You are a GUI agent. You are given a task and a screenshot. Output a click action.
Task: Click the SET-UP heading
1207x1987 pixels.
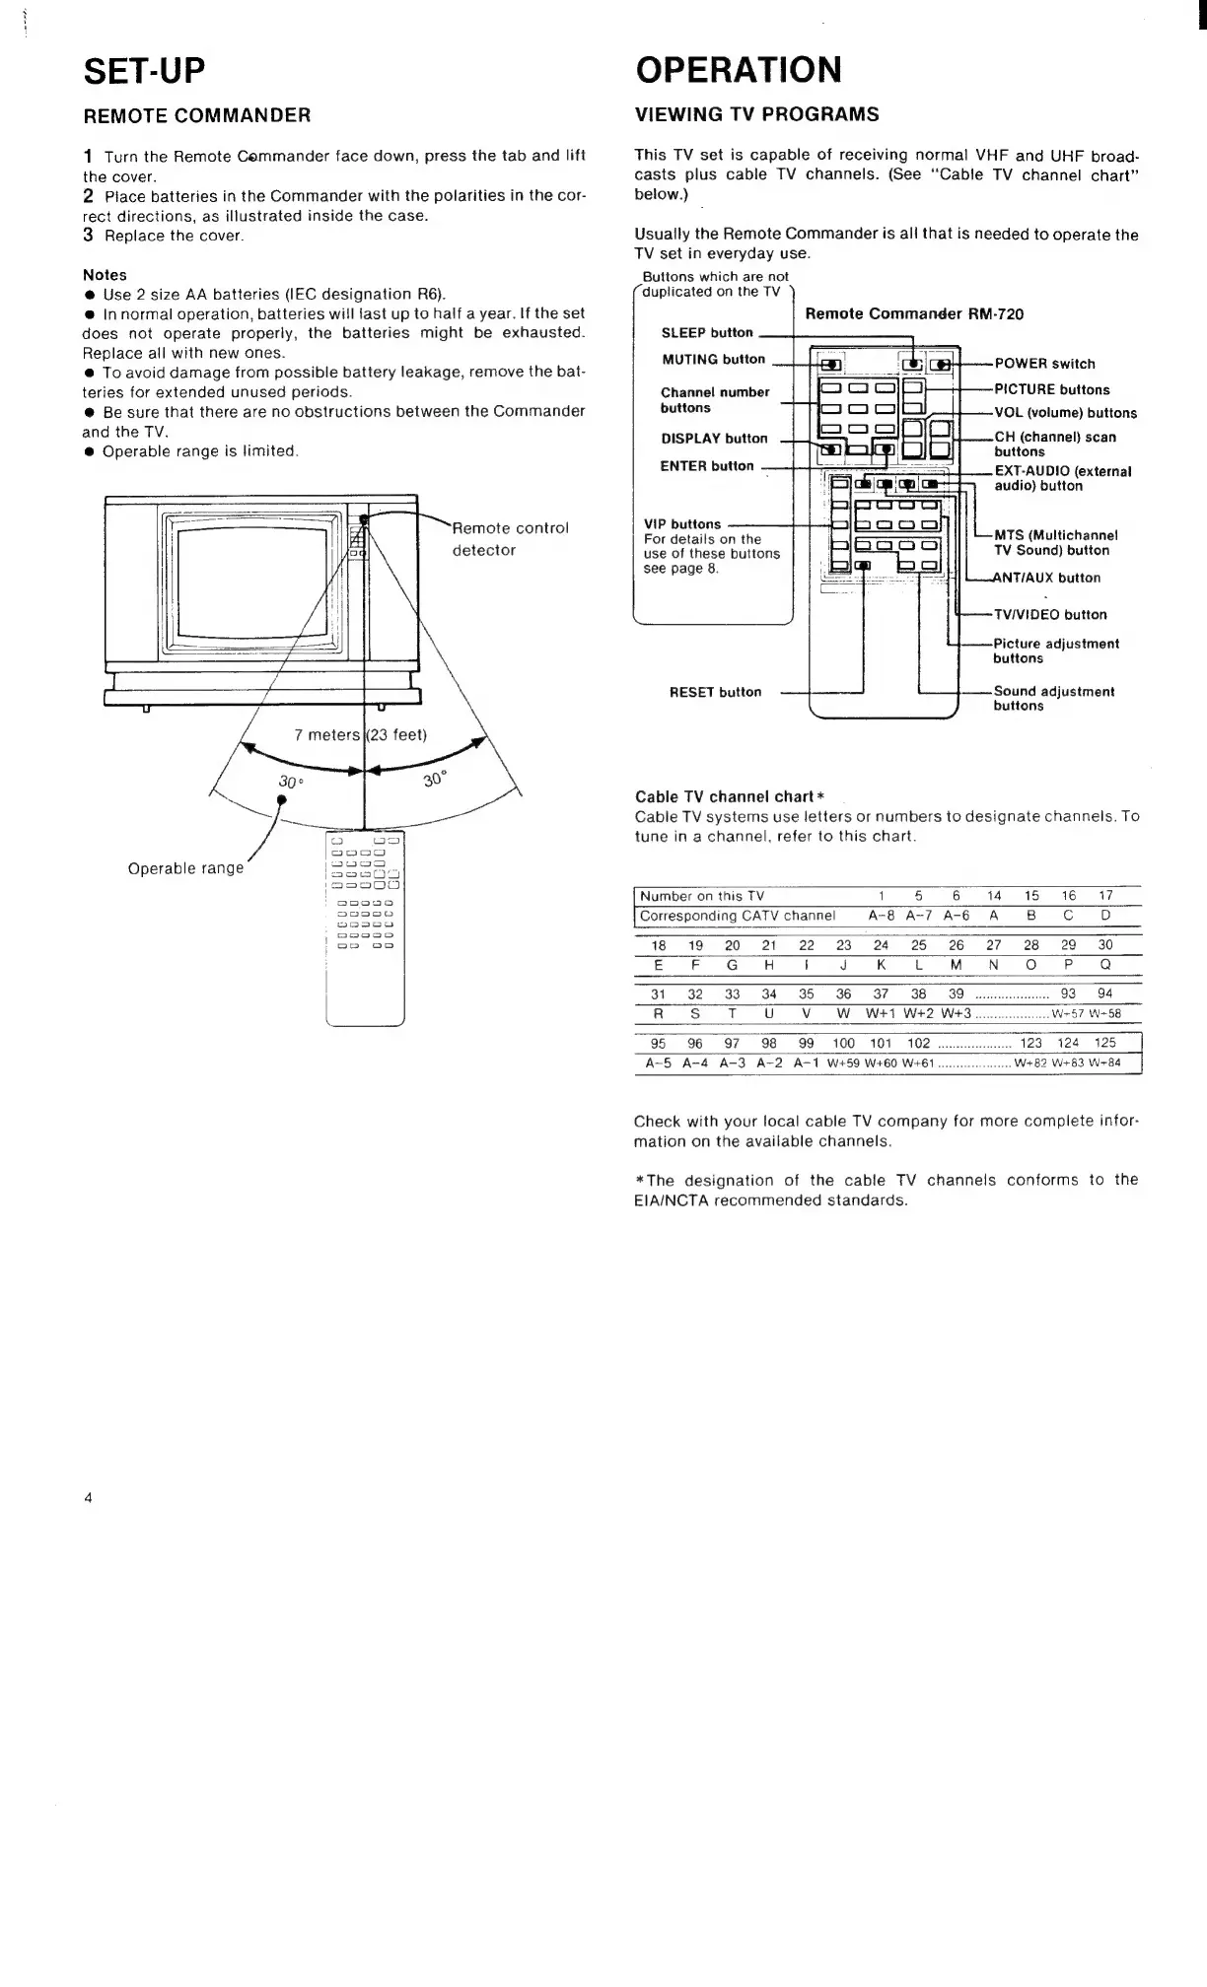pyautogui.click(x=145, y=71)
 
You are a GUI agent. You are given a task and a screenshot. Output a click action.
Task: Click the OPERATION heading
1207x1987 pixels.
pyautogui.click(x=739, y=70)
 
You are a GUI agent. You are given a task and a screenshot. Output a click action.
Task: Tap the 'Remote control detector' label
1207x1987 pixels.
pyautogui.click(x=510, y=538)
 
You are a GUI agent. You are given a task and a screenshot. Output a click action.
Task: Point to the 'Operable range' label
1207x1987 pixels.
pyautogui.click(x=185, y=868)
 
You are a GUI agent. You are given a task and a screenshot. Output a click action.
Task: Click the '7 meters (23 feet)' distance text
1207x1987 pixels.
pyautogui.click(x=360, y=735)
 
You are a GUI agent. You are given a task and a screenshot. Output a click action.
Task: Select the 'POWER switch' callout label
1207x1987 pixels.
pyautogui.click(x=1044, y=364)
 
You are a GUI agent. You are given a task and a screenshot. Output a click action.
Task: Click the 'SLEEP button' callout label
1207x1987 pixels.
pyautogui.click(x=707, y=333)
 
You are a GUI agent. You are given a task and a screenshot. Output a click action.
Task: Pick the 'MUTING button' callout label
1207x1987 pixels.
pyautogui.click(x=713, y=360)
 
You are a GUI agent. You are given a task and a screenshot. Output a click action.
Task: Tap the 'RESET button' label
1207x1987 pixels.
pyautogui.click(x=715, y=692)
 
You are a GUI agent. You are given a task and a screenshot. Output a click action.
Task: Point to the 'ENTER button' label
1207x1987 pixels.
pyautogui.click(x=706, y=466)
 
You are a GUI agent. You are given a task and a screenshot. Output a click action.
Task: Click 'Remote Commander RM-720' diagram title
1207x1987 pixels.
pyautogui.click(x=914, y=314)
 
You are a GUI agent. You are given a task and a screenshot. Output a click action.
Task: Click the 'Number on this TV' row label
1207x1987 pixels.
pyautogui.click(x=701, y=896)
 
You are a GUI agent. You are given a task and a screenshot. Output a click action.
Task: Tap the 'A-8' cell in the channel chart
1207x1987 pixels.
pyautogui.click(x=881, y=916)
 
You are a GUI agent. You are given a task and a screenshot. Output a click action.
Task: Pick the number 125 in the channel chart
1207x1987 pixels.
pyautogui.click(x=1104, y=1043)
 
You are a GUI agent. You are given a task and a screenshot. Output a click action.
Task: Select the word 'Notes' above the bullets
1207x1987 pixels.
pyautogui.click(x=105, y=275)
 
